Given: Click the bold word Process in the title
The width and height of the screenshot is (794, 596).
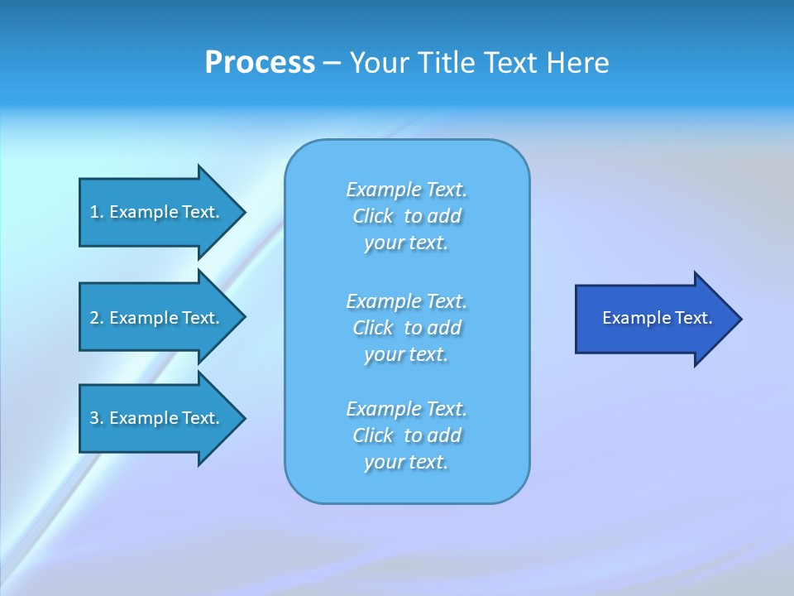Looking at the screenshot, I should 260,63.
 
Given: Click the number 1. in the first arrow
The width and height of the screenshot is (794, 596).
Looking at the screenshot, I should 96,212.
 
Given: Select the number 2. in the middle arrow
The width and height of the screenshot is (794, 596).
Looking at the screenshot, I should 96,318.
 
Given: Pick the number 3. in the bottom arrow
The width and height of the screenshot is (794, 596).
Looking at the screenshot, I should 96,418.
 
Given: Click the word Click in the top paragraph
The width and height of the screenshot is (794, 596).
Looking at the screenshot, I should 373,217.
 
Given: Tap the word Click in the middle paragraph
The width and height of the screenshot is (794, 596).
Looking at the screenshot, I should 373,328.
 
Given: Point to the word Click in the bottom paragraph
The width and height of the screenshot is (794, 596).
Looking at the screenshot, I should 373,435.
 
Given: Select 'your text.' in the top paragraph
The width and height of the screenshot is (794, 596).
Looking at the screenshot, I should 406,243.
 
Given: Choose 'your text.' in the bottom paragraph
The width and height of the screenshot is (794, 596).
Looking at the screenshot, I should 406,463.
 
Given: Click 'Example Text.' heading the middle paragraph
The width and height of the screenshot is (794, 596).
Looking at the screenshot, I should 406,300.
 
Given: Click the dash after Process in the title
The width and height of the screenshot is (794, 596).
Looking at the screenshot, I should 332,63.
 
